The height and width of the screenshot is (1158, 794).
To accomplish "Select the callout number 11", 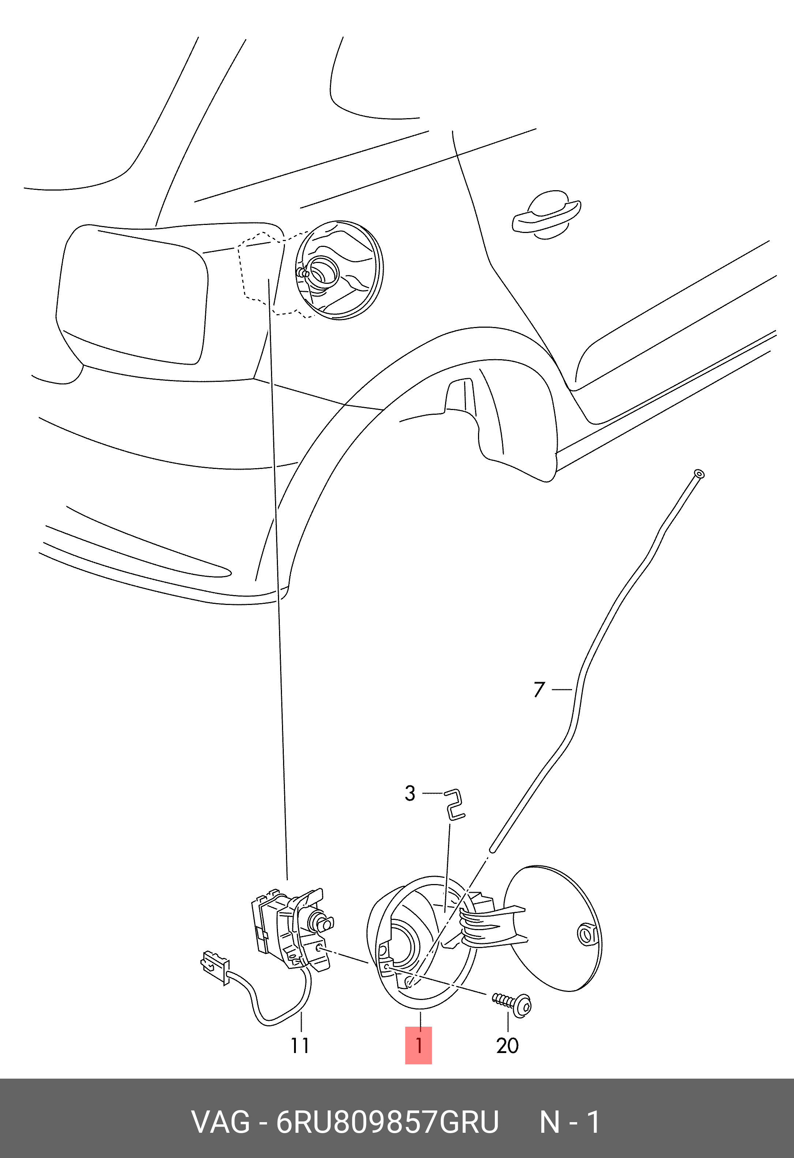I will [300, 1045].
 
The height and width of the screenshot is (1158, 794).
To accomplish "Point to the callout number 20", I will [508, 1045].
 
